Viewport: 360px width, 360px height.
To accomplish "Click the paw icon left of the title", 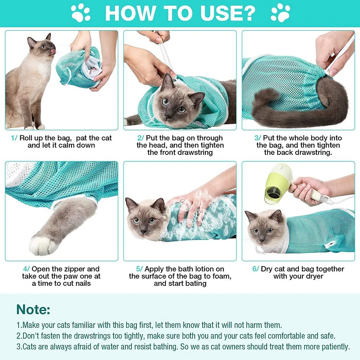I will click(x=81, y=13).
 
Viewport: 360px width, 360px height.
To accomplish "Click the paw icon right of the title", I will click(x=280, y=13).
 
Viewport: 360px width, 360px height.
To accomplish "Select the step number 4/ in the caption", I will click(x=26, y=269).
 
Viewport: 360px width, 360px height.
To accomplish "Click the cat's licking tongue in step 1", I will click(x=54, y=53).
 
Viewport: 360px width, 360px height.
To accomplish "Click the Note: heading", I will click(x=33, y=310).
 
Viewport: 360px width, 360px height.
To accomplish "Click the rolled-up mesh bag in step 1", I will click(x=81, y=68).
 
